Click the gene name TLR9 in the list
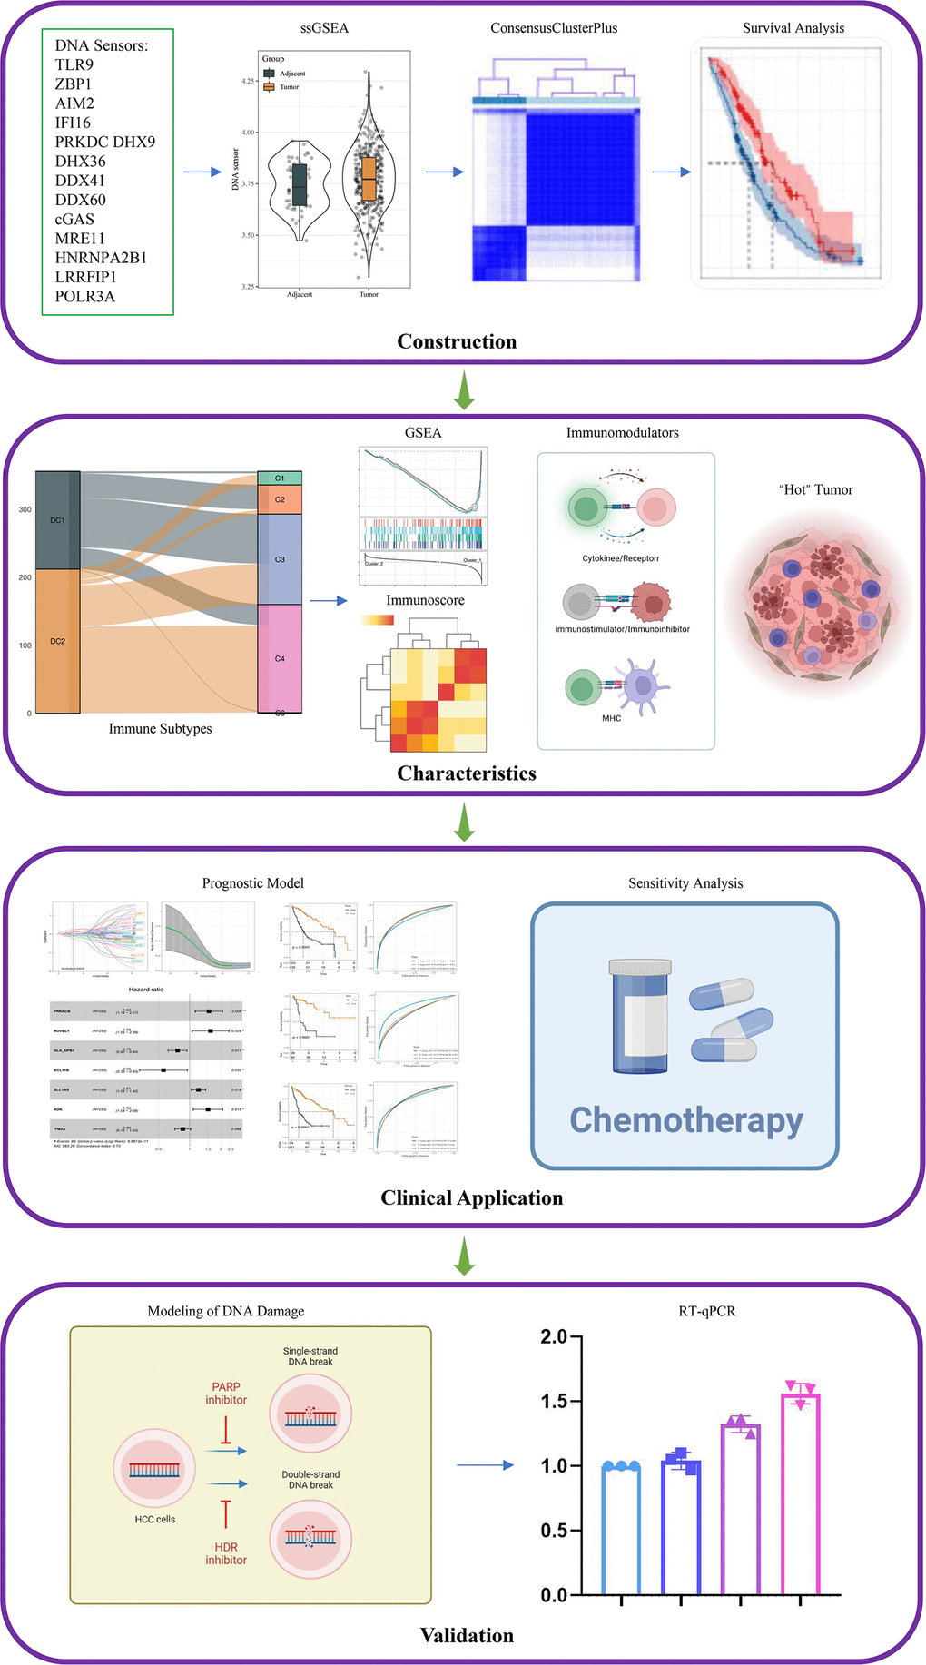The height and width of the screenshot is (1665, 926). tap(74, 65)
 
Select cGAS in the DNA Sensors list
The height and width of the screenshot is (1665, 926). tap(74, 219)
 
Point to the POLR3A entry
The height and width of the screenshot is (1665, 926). tap(85, 296)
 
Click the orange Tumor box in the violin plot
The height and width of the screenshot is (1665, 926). tap(368, 177)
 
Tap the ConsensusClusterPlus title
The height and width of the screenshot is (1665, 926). tap(554, 28)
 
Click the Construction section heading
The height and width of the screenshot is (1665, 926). tap(457, 341)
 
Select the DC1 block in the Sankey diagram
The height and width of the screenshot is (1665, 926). tap(57, 520)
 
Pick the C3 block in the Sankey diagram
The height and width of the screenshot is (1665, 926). tap(280, 559)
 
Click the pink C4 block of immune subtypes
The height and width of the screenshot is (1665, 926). tap(280, 658)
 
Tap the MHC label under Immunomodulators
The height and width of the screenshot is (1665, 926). tap(612, 718)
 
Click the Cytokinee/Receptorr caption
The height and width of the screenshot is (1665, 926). tap(621, 558)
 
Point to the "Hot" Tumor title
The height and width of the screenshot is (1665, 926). tap(815, 489)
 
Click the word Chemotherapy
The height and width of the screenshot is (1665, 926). tap(685, 1120)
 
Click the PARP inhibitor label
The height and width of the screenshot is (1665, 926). tap(226, 1394)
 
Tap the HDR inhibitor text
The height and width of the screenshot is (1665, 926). tap(226, 1553)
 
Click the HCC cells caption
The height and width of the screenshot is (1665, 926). tap(155, 1519)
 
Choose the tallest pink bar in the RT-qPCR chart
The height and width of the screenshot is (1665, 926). tap(800, 1493)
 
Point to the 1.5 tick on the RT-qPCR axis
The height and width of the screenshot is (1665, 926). tap(554, 1401)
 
